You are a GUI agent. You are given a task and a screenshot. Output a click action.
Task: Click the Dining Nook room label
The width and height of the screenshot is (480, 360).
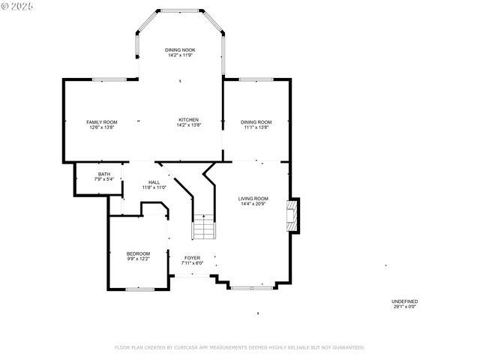181,49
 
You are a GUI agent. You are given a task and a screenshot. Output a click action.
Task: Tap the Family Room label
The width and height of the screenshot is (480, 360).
102,121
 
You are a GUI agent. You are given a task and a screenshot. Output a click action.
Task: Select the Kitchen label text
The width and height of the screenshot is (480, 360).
187,120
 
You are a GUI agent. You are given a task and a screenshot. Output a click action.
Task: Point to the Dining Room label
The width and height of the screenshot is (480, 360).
256,121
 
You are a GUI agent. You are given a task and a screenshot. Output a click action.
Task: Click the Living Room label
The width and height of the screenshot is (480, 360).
253,198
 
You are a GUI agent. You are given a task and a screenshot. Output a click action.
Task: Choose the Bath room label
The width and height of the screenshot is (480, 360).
103,174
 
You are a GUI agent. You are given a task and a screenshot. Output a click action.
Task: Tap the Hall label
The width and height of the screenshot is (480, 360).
154,182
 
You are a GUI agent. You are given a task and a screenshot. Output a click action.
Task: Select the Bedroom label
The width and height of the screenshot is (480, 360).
138,253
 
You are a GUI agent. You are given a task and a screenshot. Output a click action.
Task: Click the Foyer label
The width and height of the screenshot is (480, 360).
193,257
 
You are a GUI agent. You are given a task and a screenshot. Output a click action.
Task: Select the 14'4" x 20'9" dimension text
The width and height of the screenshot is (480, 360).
253,203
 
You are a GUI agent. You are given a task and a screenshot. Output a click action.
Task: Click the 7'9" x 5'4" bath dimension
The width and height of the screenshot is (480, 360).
103,179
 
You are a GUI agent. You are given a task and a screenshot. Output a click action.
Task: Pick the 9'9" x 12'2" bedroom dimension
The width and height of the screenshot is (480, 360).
138,259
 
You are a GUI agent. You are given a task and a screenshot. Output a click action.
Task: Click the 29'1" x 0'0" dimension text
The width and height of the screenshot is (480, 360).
404,306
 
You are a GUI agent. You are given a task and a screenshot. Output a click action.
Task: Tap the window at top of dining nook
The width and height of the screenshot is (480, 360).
180,10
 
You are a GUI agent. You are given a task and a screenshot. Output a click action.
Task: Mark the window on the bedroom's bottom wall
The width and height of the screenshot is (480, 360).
139,289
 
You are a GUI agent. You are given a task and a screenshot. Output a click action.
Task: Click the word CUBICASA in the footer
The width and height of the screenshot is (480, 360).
188,347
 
